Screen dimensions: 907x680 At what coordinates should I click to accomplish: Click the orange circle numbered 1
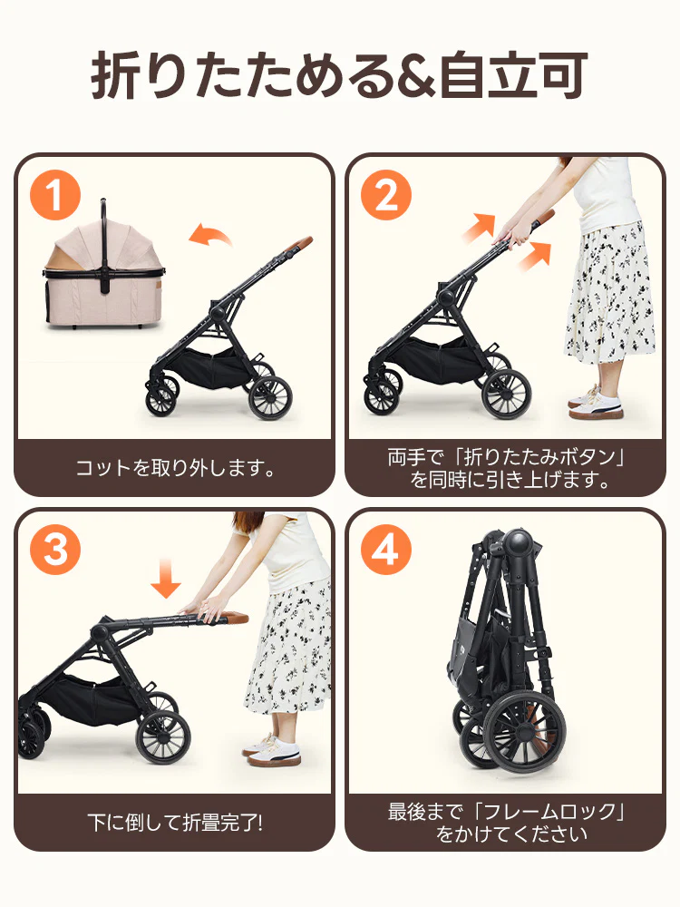(56, 196)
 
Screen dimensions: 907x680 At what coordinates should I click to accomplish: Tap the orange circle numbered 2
(386, 196)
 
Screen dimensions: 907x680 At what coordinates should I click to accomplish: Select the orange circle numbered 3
(56, 550)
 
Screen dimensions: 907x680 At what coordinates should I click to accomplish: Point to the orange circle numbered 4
(386, 550)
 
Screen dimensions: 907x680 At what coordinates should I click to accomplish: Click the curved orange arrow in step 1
(210, 238)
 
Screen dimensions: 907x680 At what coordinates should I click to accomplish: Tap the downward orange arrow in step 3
(166, 578)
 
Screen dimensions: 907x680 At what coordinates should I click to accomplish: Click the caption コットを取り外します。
(174, 469)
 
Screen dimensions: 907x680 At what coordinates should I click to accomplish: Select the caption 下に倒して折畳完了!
(174, 824)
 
